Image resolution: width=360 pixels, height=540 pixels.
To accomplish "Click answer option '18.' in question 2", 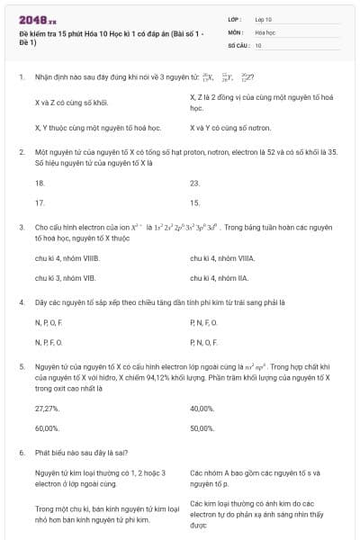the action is [40, 183].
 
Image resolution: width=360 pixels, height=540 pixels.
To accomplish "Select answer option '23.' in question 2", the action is [195, 183].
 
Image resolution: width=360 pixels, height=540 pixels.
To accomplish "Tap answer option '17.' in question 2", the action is [40, 203].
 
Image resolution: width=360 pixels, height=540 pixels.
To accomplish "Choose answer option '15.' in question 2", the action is [195, 203].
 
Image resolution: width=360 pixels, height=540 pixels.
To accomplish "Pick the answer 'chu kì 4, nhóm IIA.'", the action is [220, 279].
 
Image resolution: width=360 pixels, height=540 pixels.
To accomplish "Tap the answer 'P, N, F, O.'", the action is [204, 322].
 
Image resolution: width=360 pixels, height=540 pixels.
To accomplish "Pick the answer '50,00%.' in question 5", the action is [202, 428].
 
